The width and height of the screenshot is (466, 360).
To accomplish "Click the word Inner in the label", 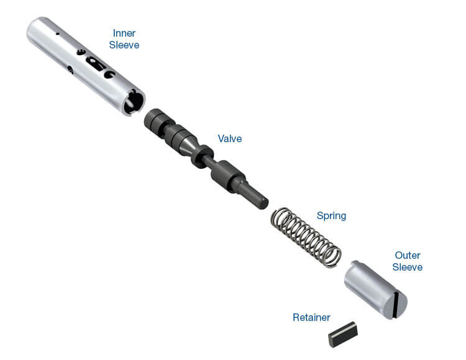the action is point(124,33).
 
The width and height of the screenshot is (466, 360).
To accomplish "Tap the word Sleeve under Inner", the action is point(124,45).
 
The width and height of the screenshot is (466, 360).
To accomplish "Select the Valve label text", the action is point(230,138).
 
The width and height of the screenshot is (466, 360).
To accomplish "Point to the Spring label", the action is point(331,215).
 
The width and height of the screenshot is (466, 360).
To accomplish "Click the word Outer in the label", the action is point(408,255).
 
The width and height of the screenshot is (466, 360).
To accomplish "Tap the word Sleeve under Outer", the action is point(408,267).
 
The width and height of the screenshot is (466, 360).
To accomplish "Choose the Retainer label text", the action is point(311,317).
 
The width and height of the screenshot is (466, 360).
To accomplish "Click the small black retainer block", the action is point(343,334).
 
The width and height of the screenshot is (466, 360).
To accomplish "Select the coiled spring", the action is point(306,237).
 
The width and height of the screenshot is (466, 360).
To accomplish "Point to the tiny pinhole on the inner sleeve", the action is point(58,34).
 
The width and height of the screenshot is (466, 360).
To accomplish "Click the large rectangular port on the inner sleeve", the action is point(95,63).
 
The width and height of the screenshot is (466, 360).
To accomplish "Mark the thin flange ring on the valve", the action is point(201,156).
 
